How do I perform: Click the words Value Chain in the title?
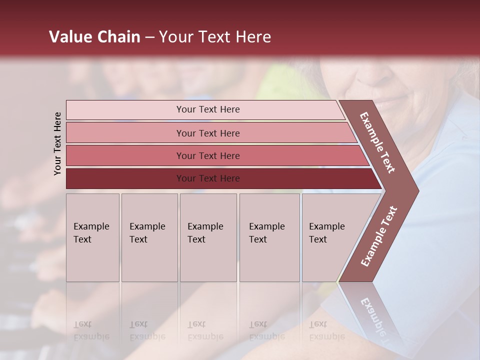(x=94, y=37)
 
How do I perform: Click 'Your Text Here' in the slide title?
(x=215, y=37)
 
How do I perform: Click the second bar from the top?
(x=207, y=133)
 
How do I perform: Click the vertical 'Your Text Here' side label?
(x=57, y=143)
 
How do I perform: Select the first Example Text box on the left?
(x=92, y=237)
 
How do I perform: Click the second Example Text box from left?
(x=149, y=237)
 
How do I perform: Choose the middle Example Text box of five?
(x=208, y=237)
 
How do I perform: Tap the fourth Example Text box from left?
(x=269, y=237)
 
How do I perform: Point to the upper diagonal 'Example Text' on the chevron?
(x=377, y=142)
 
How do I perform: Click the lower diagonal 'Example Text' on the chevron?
(x=379, y=236)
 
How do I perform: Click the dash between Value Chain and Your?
(x=149, y=37)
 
